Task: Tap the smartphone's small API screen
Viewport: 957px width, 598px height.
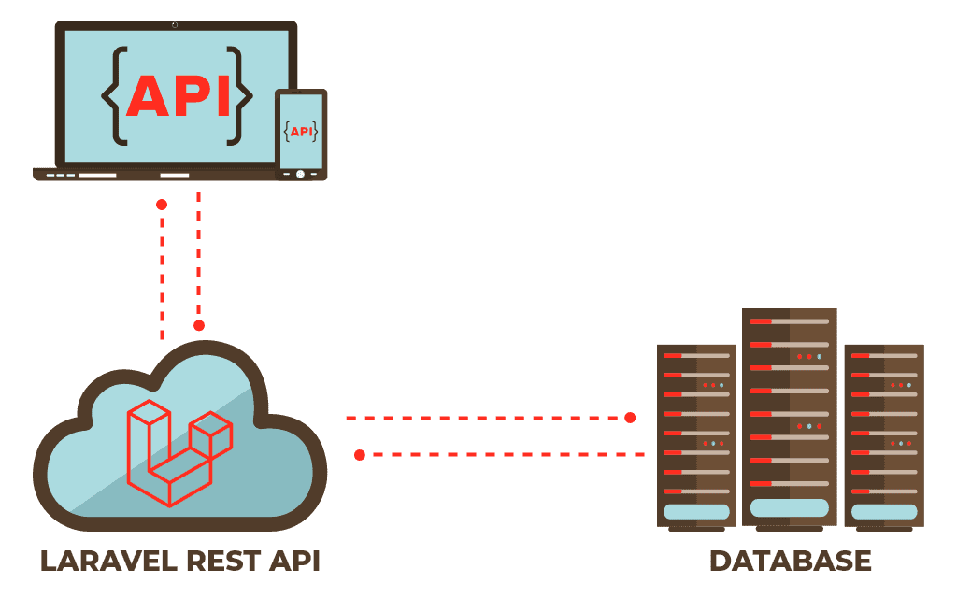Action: click(301, 132)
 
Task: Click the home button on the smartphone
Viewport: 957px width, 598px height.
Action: click(300, 174)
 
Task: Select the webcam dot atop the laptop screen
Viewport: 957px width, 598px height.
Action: click(175, 24)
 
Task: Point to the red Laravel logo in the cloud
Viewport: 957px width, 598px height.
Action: click(178, 452)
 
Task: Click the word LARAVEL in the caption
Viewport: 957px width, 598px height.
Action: click(105, 561)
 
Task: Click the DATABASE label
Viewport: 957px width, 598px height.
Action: click(790, 561)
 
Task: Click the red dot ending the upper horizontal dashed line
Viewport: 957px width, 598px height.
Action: click(630, 418)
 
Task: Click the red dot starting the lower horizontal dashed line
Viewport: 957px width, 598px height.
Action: click(360, 455)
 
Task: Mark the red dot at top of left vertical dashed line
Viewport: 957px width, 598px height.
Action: click(162, 205)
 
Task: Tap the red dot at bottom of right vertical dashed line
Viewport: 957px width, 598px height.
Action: click(199, 325)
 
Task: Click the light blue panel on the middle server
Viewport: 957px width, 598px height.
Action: click(790, 507)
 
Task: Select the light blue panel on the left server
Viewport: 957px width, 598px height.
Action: click(696, 512)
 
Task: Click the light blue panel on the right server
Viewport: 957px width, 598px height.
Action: click(883, 512)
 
